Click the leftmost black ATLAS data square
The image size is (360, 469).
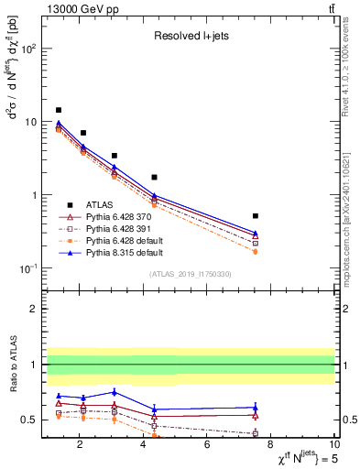click(x=59, y=110)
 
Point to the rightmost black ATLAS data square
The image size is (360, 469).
click(x=255, y=216)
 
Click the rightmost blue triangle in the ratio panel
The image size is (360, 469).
click(x=255, y=407)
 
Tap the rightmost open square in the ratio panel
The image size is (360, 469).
click(x=255, y=433)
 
